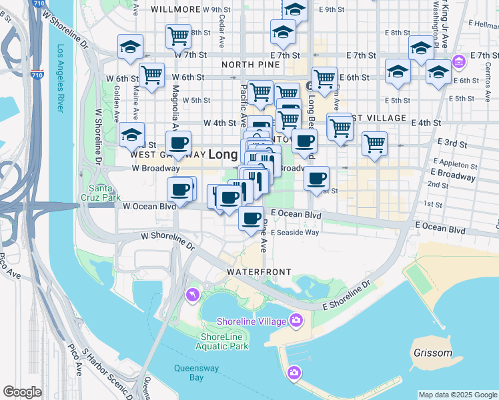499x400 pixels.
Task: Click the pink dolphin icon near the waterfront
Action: pyautogui.click(x=193, y=294)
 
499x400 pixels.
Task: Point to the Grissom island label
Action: pyautogui.click(x=432, y=353)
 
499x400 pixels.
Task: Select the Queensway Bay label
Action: pyautogui.click(x=188, y=372)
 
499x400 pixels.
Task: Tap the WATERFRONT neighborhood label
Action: pyautogui.click(x=259, y=272)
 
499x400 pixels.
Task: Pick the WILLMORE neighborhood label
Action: pyautogui.click(x=175, y=9)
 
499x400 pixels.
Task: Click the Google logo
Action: pyautogui.click(x=22, y=392)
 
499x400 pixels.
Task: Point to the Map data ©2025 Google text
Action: pyautogui.click(x=457, y=394)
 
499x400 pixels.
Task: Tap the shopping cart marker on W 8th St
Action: pyautogui.click(x=178, y=35)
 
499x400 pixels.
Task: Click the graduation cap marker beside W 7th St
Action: pyautogui.click(x=130, y=46)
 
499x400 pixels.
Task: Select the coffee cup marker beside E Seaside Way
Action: pyautogui.click(x=251, y=218)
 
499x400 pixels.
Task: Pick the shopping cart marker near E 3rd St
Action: pyautogui.click(x=374, y=143)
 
